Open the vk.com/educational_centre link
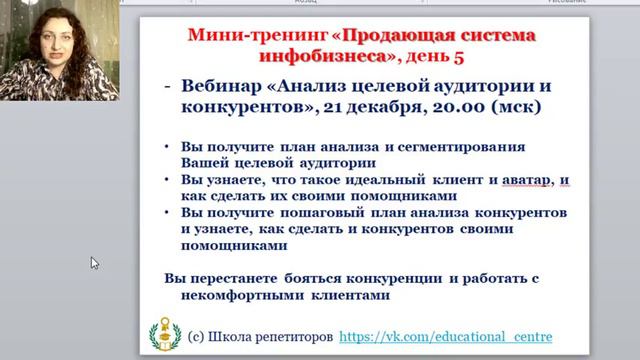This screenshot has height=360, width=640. pyautogui.click(x=446, y=337)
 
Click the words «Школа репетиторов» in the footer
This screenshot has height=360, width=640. pyautogui.click(x=273, y=337)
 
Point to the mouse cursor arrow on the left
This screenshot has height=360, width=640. pyautogui.click(x=95, y=264)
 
